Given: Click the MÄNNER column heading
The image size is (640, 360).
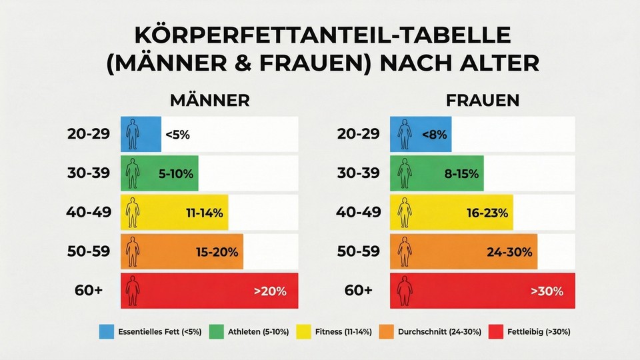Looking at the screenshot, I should [209, 100].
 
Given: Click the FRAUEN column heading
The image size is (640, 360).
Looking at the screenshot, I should [482, 100].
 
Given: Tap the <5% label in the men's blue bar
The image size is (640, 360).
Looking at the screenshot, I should [177, 134].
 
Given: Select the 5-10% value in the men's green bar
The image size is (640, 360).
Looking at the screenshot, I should [176, 174].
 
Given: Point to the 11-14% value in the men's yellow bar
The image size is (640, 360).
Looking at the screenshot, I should [205, 213].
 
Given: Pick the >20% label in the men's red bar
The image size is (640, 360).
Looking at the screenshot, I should [270, 291].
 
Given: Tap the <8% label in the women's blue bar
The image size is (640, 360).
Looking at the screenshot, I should [434, 134].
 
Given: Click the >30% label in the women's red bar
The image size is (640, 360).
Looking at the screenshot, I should [547, 291].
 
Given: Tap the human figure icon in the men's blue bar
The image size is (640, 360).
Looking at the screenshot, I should [133, 134].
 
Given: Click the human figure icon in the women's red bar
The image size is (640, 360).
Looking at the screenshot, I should [404, 291].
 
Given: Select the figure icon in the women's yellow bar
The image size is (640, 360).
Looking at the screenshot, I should [404, 213].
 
